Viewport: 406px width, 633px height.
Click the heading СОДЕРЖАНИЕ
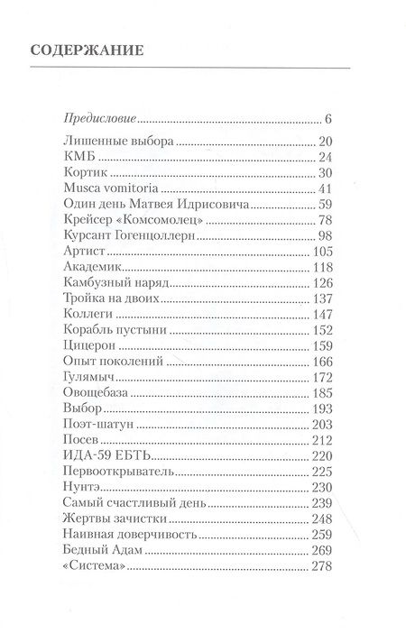point(89,50)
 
